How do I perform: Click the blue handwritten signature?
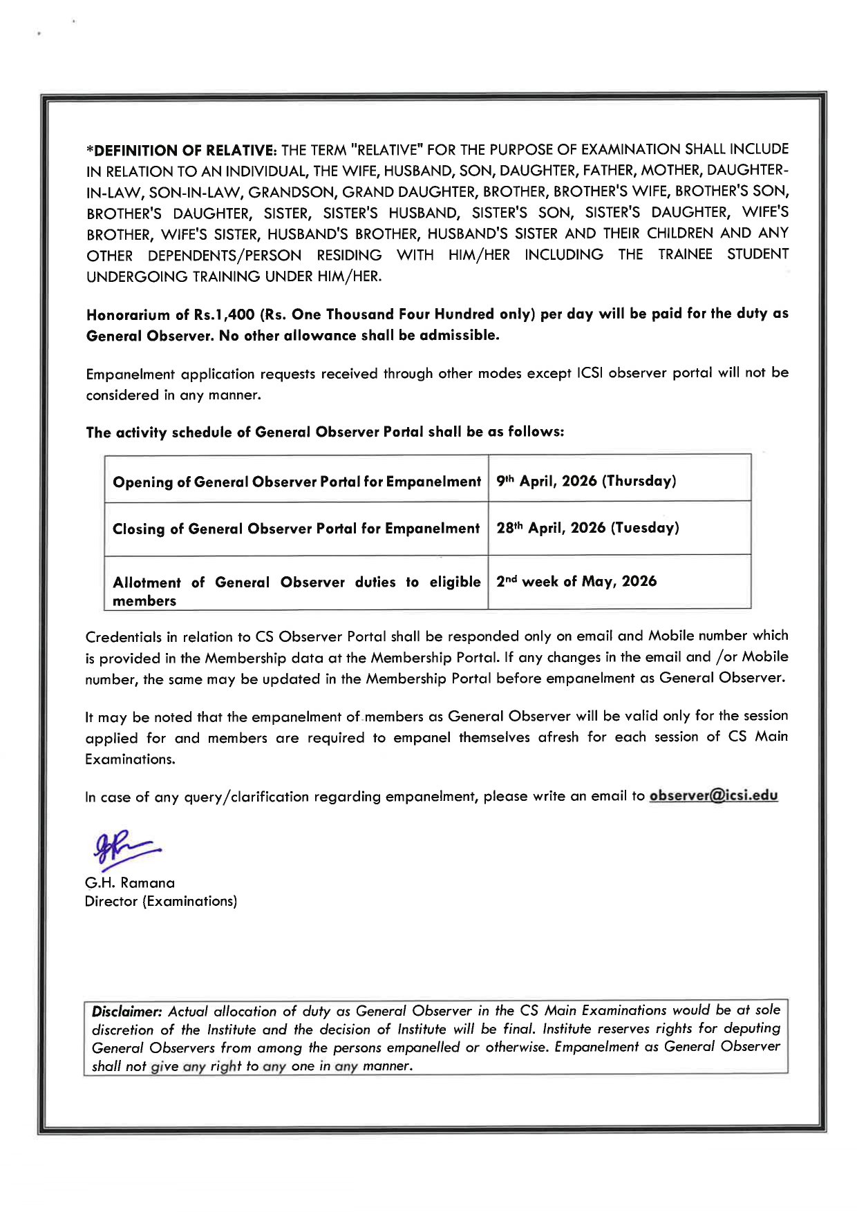point(124,849)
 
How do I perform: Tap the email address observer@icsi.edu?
point(713,795)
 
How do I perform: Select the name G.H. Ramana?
point(130,882)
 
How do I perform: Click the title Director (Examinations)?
point(160,901)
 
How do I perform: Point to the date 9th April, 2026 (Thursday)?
point(586,481)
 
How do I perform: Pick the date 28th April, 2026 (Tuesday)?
point(587,528)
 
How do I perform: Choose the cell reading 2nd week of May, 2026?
point(576,581)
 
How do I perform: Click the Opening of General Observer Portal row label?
point(296,482)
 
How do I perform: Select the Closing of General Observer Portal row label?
point(296,529)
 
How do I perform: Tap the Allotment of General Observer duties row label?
point(296,591)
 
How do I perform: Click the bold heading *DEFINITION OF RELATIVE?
point(181,150)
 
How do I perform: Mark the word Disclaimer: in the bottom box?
point(126,1011)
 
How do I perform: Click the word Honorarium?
point(129,315)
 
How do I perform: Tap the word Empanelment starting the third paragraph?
point(131,375)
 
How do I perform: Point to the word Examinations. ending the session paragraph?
point(130,759)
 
